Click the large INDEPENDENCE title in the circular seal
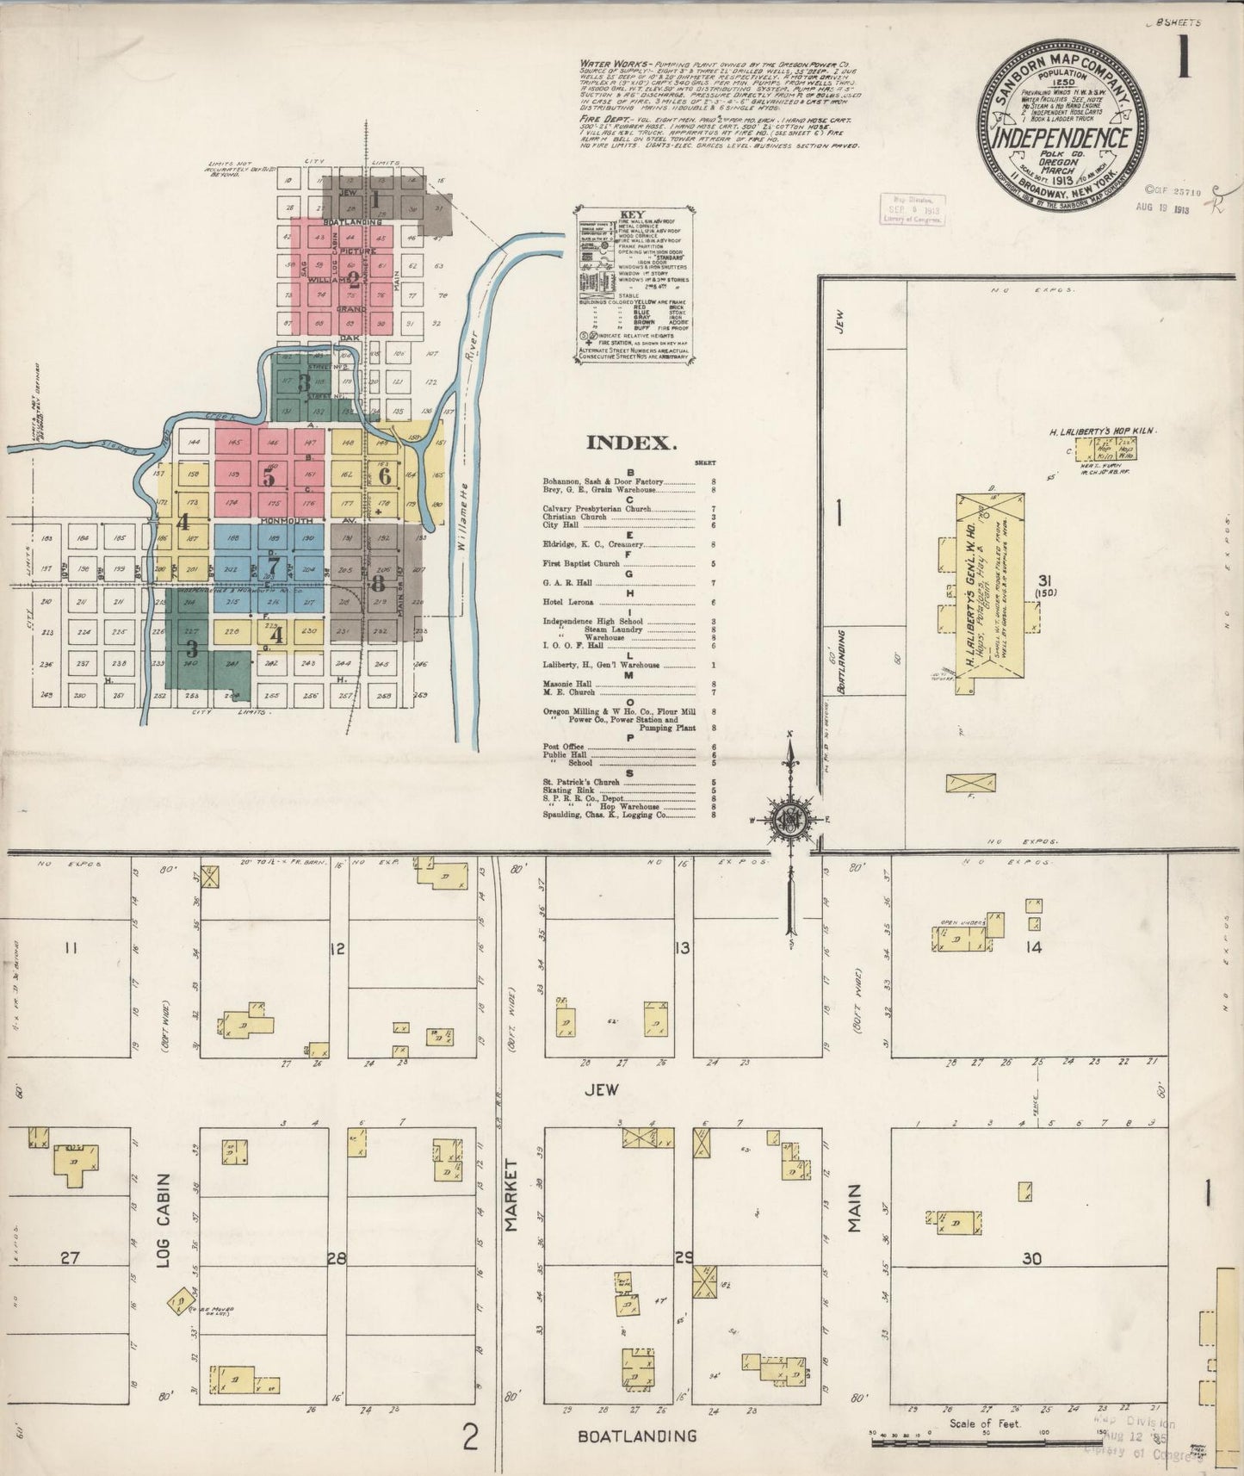click(x=1062, y=138)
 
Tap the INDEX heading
click(x=629, y=443)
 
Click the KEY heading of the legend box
click(x=633, y=214)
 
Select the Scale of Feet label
click(x=985, y=1423)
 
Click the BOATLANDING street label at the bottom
click(x=637, y=1436)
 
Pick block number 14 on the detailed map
click(x=1033, y=947)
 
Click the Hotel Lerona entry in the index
click(x=568, y=604)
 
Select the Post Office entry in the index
click(x=563, y=746)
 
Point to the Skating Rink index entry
click(x=565, y=789)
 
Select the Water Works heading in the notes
click(x=606, y=64)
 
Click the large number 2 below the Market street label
click(x=470, y=1436)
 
